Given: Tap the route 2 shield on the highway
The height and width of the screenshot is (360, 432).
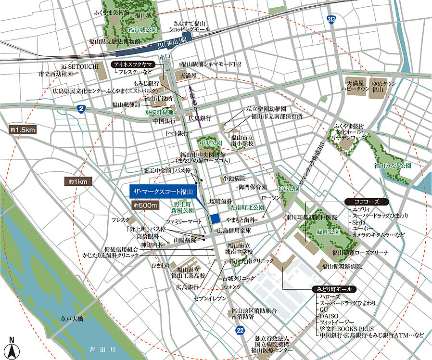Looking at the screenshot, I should [81, 109].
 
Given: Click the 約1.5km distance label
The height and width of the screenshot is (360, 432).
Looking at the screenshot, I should [23, 130].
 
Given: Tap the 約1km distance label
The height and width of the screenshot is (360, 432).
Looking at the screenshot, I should [77, 181].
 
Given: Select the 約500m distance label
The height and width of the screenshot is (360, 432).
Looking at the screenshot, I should [146, 206].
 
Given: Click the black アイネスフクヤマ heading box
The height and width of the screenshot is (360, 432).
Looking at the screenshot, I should [132, 64].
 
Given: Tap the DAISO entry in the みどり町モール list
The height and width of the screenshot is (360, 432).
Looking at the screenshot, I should [327, 315].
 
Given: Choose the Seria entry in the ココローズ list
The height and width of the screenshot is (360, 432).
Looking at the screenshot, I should [360, 222].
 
